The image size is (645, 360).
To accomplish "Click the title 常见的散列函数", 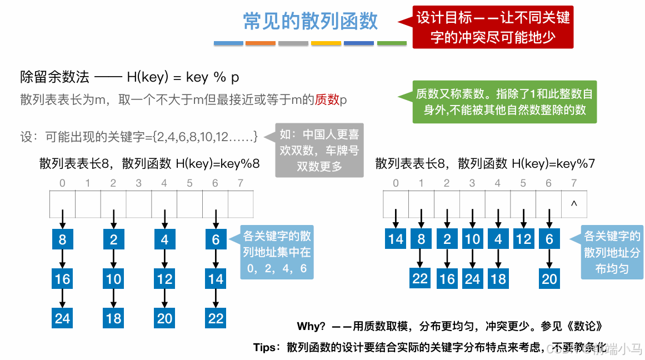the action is (311, 21).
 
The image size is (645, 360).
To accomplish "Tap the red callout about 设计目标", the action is (493, 27).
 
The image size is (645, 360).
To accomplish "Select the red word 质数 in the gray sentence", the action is (327, 100).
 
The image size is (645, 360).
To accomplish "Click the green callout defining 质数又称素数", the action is (504, 102).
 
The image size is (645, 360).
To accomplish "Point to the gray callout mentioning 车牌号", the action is (319, 150).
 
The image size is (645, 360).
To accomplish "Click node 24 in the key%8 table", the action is (62, 318).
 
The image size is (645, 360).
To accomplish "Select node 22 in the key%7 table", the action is (421, 278).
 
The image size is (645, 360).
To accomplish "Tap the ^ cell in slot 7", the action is (574, 204).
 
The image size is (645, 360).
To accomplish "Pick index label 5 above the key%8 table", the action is (189, 183).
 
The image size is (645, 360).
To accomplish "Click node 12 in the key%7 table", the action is (524, 239).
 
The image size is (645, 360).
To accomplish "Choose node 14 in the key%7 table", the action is (396, 239).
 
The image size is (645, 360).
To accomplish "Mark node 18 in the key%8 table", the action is (113, 318).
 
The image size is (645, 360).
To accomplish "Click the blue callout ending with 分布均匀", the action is (612, 253).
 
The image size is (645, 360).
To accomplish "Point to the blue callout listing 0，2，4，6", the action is (277, 253).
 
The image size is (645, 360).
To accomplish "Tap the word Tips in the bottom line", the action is (264, 347).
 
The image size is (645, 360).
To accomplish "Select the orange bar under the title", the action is (261, 43).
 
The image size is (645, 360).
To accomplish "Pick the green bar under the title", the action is (392, 43).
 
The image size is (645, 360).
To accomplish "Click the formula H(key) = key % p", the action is (183, 77).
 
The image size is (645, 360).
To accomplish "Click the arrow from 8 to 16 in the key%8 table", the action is (62, 259).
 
